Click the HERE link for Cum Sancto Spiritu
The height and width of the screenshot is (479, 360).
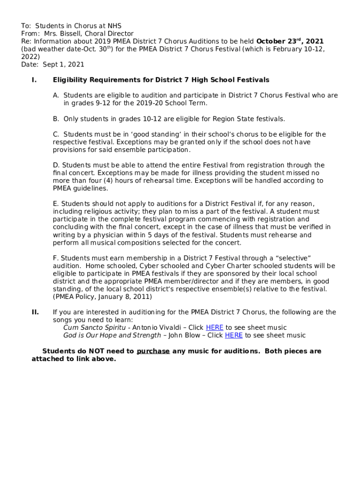click(x=215, y=327)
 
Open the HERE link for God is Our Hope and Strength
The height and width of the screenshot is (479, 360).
click(x=234, y=335)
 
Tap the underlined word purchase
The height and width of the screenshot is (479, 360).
click(x=153, y=351)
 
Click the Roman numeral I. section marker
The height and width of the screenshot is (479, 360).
click(x=34, y=80)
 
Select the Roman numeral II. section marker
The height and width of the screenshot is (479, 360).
click(x=35, y=312)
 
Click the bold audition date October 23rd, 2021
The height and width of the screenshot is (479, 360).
click(x=290, y=41)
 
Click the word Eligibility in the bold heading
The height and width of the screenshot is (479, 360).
click(x=71, y=80)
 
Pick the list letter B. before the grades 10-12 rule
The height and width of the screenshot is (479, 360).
click(x=56, y=119)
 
